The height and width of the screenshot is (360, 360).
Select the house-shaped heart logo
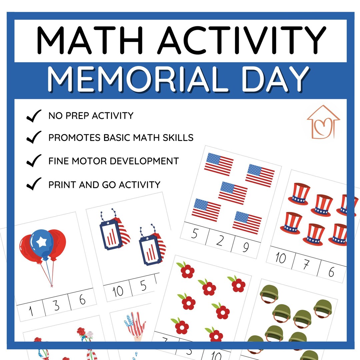click(x=323, y=122)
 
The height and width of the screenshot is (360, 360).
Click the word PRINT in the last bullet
click(x=62, y=184)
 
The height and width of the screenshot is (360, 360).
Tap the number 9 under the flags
click(x=246, y=247)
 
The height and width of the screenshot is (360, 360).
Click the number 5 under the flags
click(x=194, y=235)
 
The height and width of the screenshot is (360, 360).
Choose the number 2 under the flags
click(x=219, y=241)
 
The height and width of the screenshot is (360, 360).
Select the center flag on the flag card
click(x=233, y=192)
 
